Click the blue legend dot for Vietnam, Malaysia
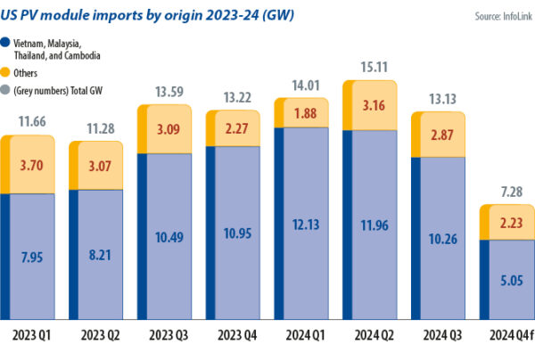(x=6, y=41)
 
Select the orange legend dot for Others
(x=6, y=73)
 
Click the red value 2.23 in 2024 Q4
(x=509, y=223)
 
